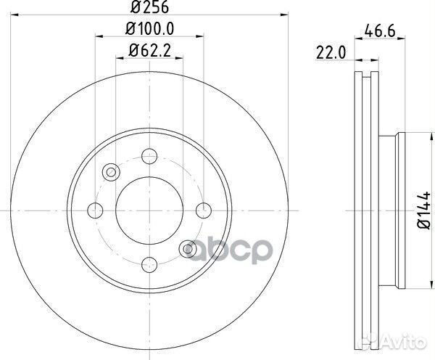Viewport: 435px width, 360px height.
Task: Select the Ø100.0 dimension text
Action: [x=150, y=30]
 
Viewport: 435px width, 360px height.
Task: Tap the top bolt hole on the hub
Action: [x=150, y=155]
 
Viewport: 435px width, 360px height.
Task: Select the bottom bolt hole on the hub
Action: [x=150, y=265]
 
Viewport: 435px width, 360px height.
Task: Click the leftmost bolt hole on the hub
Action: [x=95, y=210]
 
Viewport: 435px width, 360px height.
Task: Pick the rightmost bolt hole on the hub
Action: [x=205, y=210]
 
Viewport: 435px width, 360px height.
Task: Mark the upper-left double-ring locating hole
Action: [x=112, y=171]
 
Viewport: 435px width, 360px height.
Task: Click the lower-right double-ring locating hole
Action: [x=188, y=248]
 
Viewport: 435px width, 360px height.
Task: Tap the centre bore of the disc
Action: [x=150, y=210]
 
